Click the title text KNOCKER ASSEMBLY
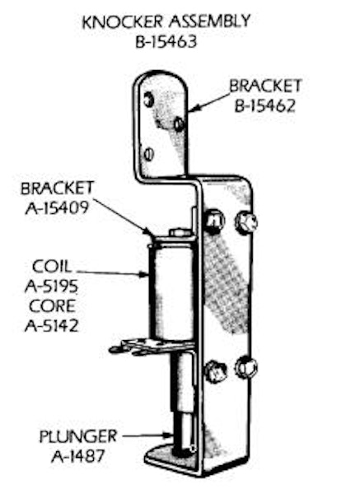pyautogui.click(x=166, y=22)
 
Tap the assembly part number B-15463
pyautogui.click(x=166, y=42)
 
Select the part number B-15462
pyautogui.click(x=265, y=106)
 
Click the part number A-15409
pyautogui.click(x=57, y=207)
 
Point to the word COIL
pyautogui.click(x=52, y=267)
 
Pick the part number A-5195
pyautogui.click(x=51, y=287)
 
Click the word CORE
pyautogui.click(x=53, y=306)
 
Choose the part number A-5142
pyautogui.click(x=51, y=325)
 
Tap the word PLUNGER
pyautogui.click(x=78, y=436)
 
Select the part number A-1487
pyautogui.click(x=77, y=456)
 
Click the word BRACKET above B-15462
pyautogui.click(x=265, y=86)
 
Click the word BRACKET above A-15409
pyautogui.click(x=57, y=188)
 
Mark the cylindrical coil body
pyautogui.click(x=172, y=292)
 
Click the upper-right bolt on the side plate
pyautogui.click(x=246, y=222)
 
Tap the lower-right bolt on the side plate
pyautogui.click(x=246, y=368)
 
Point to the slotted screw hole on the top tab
pyautogui.click(x=148, y=154)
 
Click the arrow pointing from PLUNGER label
pyautogui.click(x=147, y=436)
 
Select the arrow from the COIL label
pyautogui.click(x=113, y=273)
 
